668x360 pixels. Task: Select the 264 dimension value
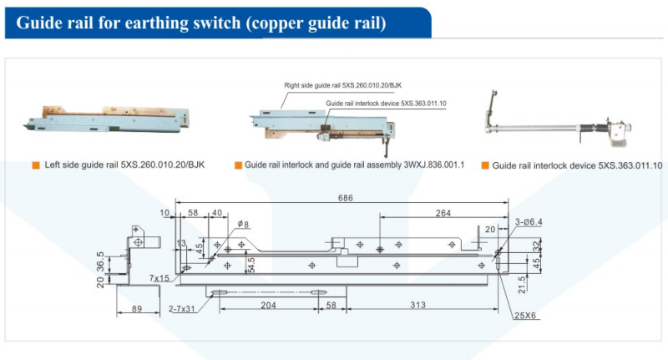(x=443, y=213)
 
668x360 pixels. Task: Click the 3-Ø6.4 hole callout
(x=529, y=222)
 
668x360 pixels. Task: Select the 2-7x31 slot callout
(x=182, y=309)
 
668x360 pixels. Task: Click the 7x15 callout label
(x=159, y=278)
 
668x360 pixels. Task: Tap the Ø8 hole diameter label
(x=243, y=224)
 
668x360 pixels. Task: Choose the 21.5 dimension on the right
(x=522, y=284)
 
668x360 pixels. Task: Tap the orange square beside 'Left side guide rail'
(x=36, y=165)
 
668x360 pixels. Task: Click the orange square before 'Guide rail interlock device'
(x=486, y=165)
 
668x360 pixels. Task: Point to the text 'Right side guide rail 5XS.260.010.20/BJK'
(x=344, y=86)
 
